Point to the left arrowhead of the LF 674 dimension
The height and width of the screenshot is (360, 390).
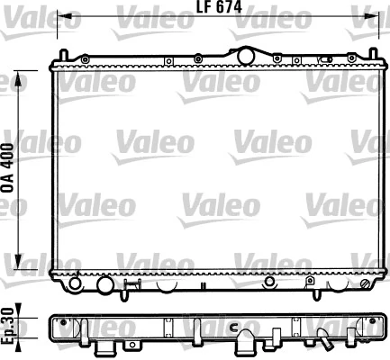point(61,17)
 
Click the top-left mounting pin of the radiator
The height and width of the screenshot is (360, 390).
point(55,59)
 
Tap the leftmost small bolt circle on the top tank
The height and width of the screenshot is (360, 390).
point(85,59)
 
